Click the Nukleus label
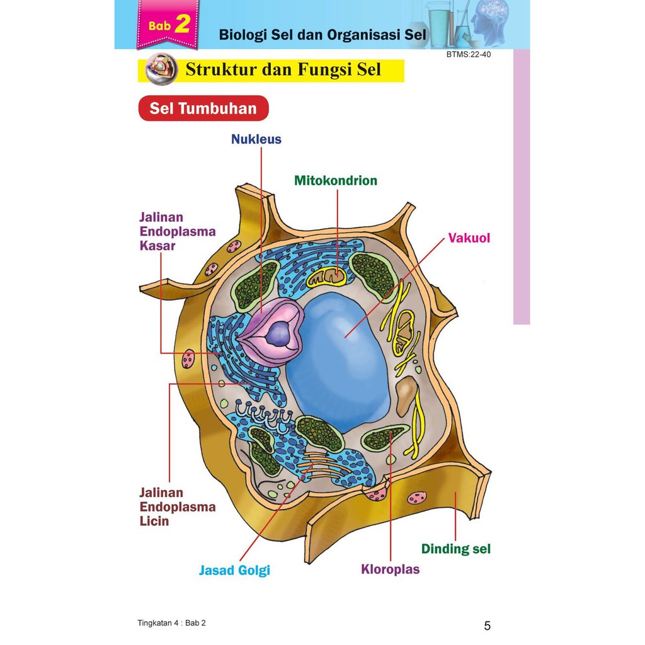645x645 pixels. tap(256, 139)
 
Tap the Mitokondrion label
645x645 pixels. tap(336, 181)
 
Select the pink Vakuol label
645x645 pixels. tap(469, 238)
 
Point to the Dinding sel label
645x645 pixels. tap(455, 549)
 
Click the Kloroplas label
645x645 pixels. tap(390, 569)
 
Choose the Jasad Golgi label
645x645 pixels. tap(234, 571)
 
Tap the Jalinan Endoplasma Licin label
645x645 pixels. tap(177, 506)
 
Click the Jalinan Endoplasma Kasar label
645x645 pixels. tap(177, 231)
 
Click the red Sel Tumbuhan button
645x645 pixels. tap(203, 108)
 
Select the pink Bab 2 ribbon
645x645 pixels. tap(168, 26)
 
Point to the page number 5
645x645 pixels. tap(487, 625)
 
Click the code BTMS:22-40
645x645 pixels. tap(469, 55)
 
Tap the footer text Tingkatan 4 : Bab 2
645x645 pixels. tap(171, 623)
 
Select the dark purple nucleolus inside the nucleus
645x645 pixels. tap(277, 334)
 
